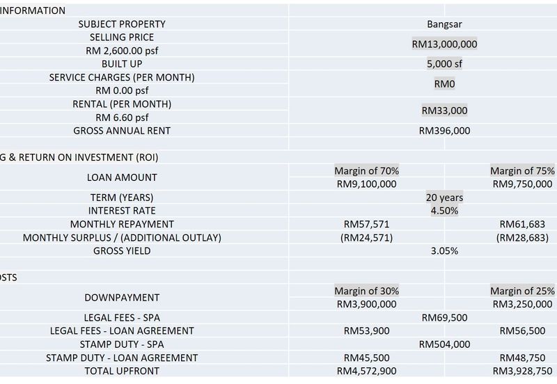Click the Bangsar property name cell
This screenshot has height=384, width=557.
(x=444, y=24)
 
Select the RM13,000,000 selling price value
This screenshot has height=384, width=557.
(x=444, y=44)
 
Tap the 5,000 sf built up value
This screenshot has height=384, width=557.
(x=444, y=63)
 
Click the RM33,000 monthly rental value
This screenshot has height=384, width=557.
(x=444, y=111)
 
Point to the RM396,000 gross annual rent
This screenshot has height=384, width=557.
(x=444, y=130)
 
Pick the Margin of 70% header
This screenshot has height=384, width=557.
(x=366, y=170)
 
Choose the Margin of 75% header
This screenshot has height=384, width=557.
(x=522, y=170)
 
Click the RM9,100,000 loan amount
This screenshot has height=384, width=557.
(x=366, y=184)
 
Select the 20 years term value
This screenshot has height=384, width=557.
(x=444, y=198)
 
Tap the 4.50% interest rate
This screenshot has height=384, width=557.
(x=444, y=211)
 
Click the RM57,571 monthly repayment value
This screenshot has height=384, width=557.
(x=366, y=224)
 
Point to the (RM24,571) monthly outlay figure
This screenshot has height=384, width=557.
(x=366, y=237)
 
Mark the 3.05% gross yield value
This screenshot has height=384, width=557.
(x=444, y=250)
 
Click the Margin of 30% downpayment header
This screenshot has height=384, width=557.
(x=366, y=291)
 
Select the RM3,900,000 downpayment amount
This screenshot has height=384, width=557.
(x=366, y=304)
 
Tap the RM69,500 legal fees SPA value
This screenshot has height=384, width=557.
(x=444, y=317)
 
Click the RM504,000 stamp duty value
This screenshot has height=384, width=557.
(x=444, y=344)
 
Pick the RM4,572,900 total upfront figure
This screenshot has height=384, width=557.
(x=366, y=371)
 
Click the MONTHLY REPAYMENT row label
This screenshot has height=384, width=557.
(x=122, y=224)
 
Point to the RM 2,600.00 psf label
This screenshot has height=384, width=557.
(x=122, y=51)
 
